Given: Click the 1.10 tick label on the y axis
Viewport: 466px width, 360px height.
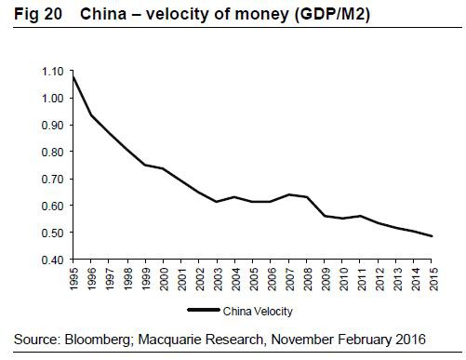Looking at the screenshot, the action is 52,72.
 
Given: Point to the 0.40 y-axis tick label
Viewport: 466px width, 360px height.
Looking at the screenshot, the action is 52,260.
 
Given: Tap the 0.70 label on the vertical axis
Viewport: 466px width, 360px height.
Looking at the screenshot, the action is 52,179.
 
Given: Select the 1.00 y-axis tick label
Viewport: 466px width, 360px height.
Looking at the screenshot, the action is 52,99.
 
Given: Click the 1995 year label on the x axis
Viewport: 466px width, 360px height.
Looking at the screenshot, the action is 74,279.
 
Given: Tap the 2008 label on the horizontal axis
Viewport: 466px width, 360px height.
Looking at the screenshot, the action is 308,279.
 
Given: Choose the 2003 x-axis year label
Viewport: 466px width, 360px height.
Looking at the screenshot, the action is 219,279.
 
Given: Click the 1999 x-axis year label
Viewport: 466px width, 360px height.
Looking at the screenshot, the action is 146,279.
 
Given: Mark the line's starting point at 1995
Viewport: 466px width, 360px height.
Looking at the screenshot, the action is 73,76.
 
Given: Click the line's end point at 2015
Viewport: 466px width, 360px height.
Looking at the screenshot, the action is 432,236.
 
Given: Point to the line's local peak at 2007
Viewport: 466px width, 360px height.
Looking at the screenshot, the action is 289,194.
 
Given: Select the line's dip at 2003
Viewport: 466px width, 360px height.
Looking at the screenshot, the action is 217,202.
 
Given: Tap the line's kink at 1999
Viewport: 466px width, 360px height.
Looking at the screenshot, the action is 145,165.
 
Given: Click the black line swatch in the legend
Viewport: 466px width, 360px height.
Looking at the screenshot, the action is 204,310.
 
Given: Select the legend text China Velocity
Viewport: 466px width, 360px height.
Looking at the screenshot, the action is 258,312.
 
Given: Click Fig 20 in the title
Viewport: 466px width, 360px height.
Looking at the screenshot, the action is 38,14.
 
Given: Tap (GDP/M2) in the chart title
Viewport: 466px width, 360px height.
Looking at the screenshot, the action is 332,15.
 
